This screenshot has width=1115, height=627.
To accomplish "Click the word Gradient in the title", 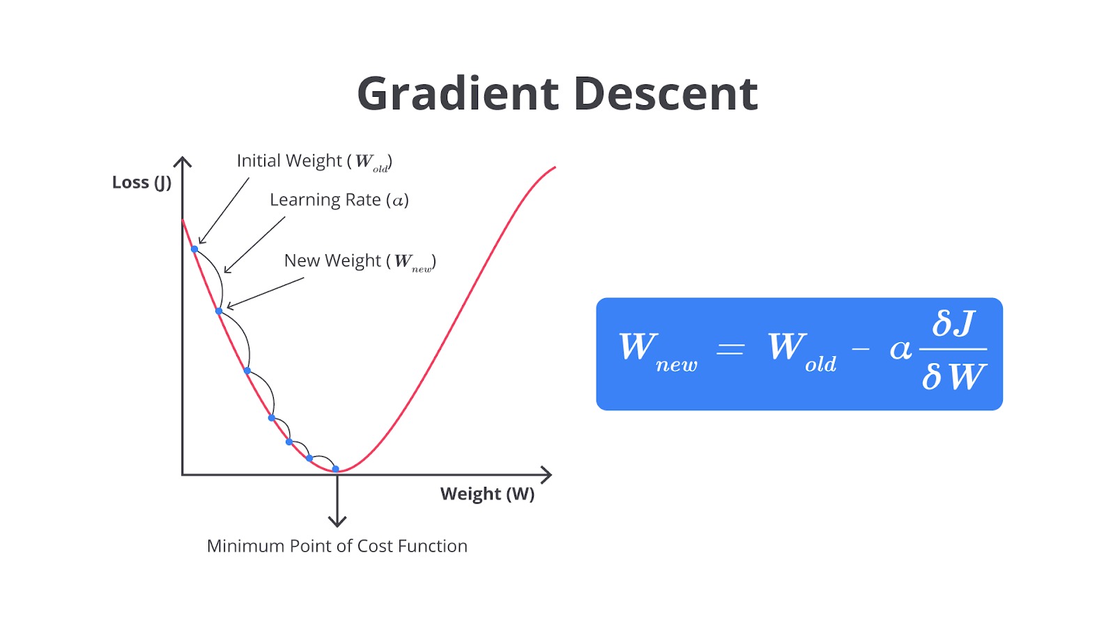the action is coord(458,93).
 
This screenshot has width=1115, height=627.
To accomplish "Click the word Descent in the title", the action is coord(666,93).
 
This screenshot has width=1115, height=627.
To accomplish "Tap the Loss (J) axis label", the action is coord(141,183).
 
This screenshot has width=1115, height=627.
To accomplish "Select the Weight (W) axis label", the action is coord(487,494).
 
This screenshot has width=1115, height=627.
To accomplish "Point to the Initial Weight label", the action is coord(314,162).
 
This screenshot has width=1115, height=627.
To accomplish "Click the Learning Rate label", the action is coord(339,199).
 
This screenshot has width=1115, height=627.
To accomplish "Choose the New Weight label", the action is coord(360,261).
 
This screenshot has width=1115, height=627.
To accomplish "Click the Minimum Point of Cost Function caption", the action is coord(337,546).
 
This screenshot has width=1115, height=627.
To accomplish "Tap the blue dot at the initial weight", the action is coord(194,249).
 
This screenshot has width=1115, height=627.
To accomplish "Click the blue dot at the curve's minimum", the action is coord(335,469).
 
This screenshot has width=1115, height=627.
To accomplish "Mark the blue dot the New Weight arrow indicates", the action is coord(219,311).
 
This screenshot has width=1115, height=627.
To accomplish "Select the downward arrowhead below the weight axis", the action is coord(337,521).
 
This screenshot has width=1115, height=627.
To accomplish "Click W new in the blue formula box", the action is coord(658,352).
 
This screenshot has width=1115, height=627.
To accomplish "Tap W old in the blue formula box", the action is coord(802,352).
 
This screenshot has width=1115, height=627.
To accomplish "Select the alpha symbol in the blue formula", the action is coord(900,350).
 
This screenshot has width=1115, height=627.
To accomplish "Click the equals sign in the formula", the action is coord(730,349).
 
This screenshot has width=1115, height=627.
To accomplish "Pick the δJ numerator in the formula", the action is coord(953,323).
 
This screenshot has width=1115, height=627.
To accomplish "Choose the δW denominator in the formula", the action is coord(953,377).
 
